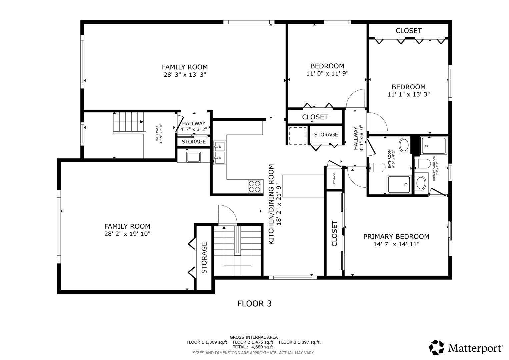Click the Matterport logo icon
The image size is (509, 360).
(x=436, y=347)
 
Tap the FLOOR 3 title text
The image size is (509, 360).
(x=254, y=304)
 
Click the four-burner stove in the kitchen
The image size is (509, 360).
(x=255, y=186)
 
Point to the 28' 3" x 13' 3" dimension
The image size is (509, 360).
(x=185, y=75)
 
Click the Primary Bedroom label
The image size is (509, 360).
(x=396, y=237)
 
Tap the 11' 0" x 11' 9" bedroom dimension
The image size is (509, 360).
(x=327, y=73)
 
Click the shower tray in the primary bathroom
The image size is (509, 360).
(x=433, y=146)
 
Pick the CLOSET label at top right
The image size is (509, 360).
(x=408, y=31)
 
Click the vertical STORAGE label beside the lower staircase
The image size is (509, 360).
(x=204, y=258)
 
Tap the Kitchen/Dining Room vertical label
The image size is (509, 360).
(x=271, y=204)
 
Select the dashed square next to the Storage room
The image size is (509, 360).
(x=298, y=135)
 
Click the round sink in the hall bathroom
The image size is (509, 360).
(x=405, y=145)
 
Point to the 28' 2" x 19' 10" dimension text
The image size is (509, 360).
(x=127, y=234)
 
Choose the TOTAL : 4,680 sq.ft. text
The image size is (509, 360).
(x=253, y=347)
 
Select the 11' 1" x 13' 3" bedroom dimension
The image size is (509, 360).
(x=408, y=94)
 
